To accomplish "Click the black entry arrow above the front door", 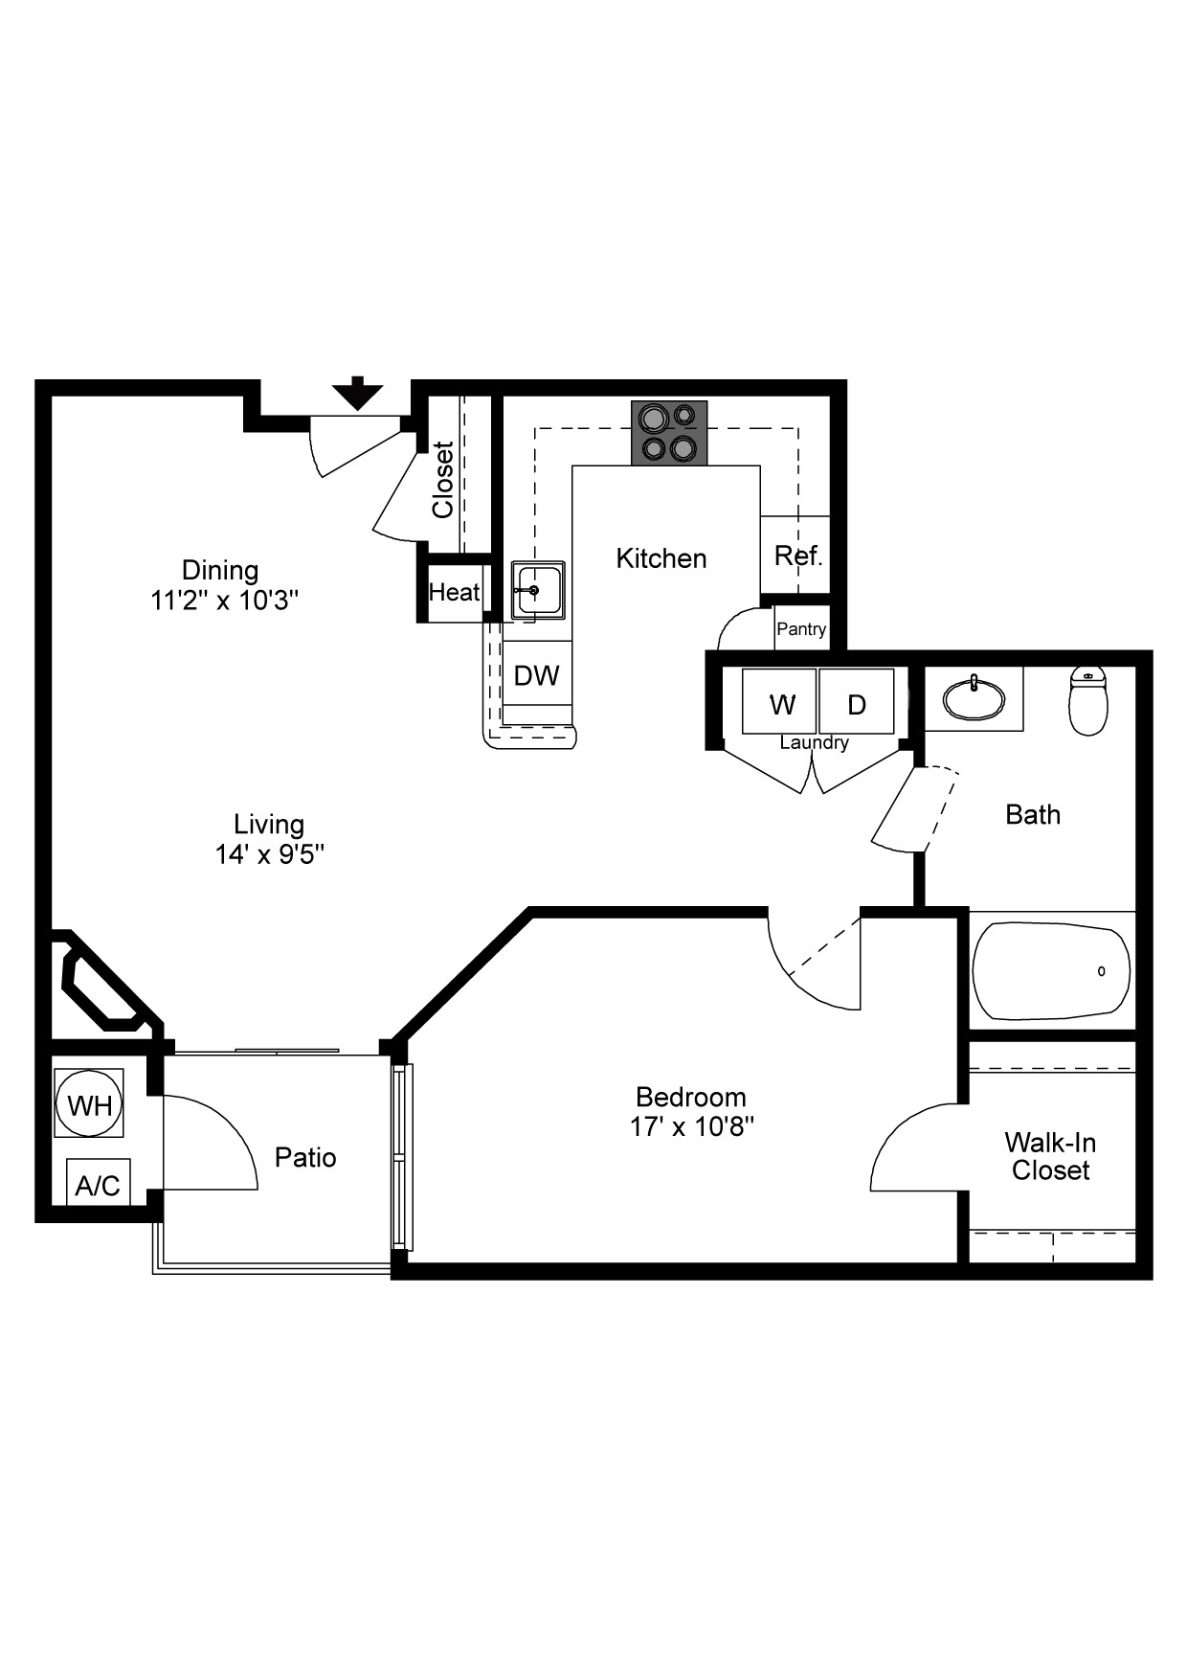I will coord(357,394).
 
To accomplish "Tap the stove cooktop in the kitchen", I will coord(669,433).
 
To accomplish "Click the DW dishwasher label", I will coord(536,676).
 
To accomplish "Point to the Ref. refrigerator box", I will coord(797,556).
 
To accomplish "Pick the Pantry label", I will coord(801,629).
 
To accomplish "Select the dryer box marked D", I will coord(857,703).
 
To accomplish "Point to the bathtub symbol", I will coord(1051,970).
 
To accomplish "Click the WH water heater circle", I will coord(89,1105).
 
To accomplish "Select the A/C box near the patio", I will coord(98,1185).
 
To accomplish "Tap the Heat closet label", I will coord(454,593).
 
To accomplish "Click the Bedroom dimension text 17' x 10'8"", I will coord(691,1127).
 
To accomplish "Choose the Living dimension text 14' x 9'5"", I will coord(269,854).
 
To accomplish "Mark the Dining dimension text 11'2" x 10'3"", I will coord(225,601).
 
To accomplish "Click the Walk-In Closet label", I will coord(1050,1156).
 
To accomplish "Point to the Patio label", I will coord(305,1157).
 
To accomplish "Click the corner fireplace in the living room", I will coord(103,987).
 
